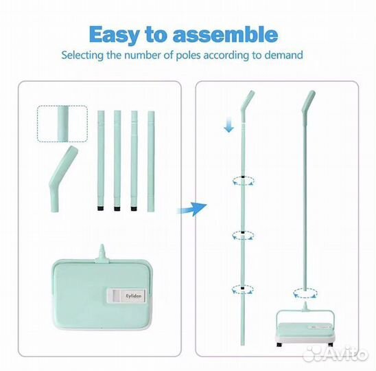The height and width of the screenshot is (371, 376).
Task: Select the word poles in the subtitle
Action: coord(189,55)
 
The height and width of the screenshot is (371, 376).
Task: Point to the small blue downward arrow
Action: coord(229,124)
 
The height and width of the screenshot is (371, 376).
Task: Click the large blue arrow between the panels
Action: coord(192,208)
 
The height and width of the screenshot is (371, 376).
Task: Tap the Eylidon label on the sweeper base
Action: coord(127,295)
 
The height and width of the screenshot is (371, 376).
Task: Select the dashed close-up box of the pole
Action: coord(62,124)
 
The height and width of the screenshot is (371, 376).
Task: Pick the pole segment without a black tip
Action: coord(151,161)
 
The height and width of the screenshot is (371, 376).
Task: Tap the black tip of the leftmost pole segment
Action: coord(101,208)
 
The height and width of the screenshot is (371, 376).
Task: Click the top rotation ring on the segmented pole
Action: coord(243,181)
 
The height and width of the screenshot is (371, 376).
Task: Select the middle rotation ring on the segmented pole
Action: coord(243,236)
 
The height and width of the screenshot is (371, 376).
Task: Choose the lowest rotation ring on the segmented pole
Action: coord(243,290)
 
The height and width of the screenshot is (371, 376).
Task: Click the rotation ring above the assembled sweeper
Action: coord(305,293)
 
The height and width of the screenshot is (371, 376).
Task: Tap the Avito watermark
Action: coord(336,354)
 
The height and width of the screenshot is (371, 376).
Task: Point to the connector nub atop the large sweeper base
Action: coord(102,253)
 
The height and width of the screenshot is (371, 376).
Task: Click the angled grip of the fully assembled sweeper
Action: coord(308,104)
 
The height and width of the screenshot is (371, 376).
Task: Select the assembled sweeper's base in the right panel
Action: coord(305,328)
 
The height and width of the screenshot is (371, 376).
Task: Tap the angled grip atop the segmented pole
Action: coord(248,104)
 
